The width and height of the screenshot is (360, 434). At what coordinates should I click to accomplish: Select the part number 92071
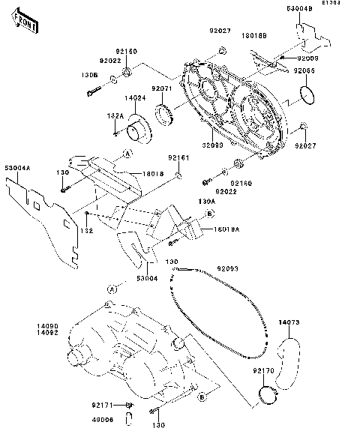pos(162,88)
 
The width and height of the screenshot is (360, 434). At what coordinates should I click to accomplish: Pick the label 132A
pos(115,115)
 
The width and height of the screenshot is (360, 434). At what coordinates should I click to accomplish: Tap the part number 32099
pos(211,146)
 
